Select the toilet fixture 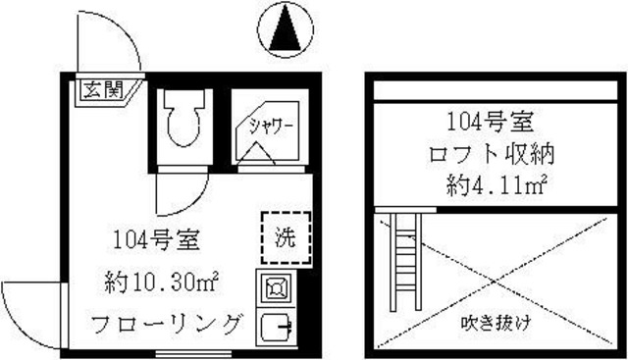pos(183,121)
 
